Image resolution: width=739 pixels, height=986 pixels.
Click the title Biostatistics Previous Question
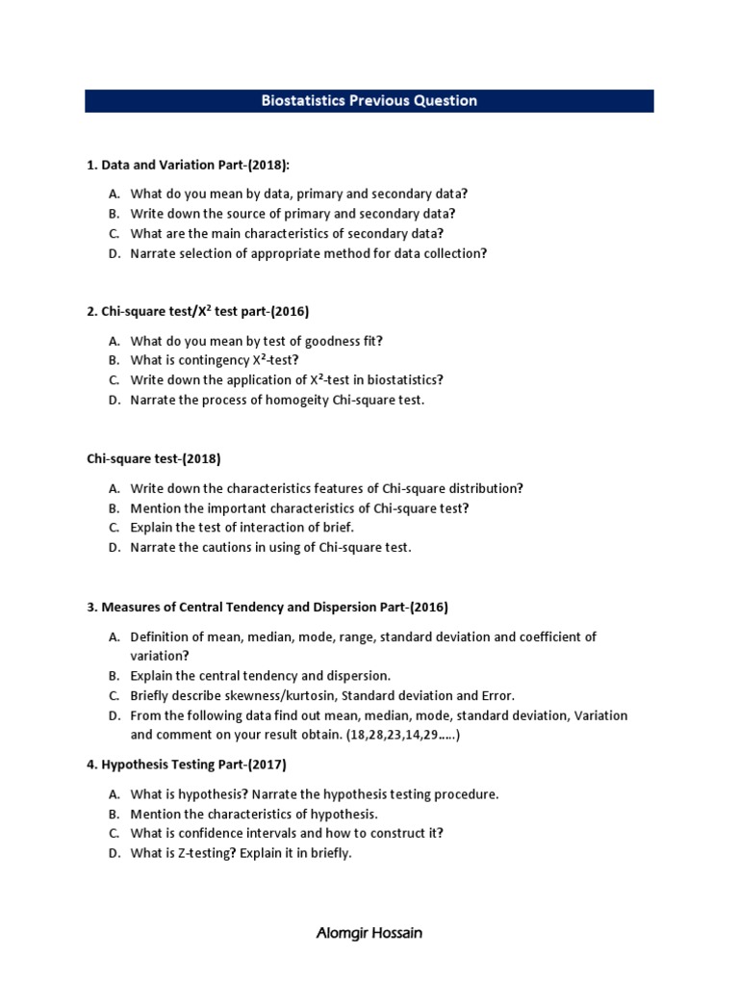click(369, 101)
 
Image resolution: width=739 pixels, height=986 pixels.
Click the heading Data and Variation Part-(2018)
click(188, 167)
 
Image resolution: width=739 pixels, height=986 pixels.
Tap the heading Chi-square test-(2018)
click(154, 459)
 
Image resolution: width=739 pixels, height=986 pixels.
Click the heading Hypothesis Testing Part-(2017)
click(187, 765)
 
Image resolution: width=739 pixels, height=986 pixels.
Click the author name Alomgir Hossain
click(369, 933)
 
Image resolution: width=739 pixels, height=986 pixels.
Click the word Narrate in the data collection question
click(154, 253)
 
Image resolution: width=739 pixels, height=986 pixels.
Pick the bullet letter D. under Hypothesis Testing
click(115, 853)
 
